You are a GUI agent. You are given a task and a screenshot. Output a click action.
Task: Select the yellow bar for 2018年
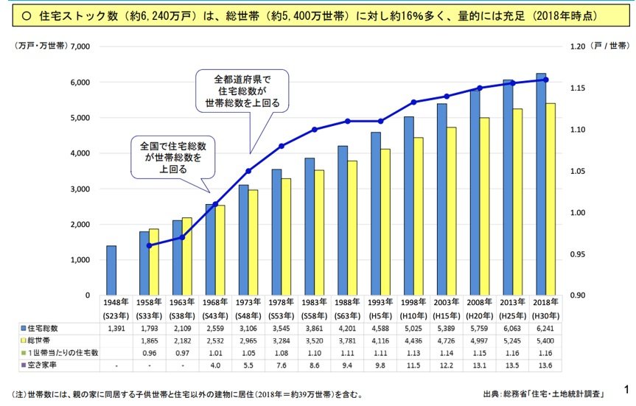[550, 199]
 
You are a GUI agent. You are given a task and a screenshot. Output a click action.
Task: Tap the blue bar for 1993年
[375, 214]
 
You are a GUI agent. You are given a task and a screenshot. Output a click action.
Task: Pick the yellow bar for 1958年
[153, 262]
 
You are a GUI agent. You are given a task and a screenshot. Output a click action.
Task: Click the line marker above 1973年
[248, 171]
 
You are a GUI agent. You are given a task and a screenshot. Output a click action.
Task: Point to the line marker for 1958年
[149, 245]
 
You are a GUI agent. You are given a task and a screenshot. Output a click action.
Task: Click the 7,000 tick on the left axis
[78, 46]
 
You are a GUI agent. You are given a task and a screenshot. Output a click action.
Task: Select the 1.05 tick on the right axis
[578, 172]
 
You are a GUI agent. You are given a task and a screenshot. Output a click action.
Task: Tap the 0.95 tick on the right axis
[578, 255]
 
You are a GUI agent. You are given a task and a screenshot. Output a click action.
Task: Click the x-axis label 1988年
[347, 302]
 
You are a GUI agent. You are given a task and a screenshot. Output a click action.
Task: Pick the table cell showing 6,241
[545, 327]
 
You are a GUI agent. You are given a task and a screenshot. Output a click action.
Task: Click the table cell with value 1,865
[149, 340]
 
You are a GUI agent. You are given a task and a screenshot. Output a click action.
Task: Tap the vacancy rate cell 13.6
[545, 365]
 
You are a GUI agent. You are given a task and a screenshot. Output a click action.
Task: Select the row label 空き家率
[46, 365]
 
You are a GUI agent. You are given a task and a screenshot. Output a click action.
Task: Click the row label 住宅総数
[46, 327]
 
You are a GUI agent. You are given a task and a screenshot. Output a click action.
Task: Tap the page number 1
[626, 388]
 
